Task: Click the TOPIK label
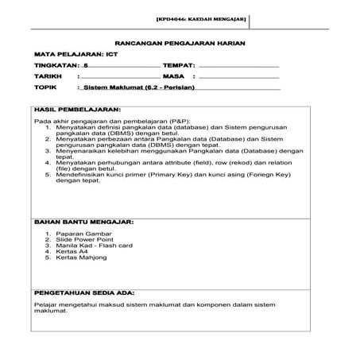click(44, 89)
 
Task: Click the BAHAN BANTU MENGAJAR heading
click(84, 224)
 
